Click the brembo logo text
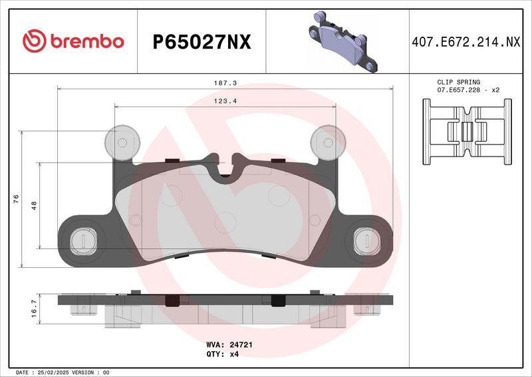pyautogui.click(x=84, y=41)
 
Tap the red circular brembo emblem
pyautogui.click(x=33, y=41)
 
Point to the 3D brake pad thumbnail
pyautogui.click(x=340, y=41)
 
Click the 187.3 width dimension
pyautogui.click(x=225, y=83)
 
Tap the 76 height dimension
pyautogui.click(x=15, y=198)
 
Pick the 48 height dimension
pyautogui.click(x=33, y=206)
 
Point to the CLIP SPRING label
pyautogui.click(x=458, y=82)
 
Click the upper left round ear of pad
pyautogui.click(x=123, y=141)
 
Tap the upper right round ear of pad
pyautogui.click(x=327, y=141)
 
